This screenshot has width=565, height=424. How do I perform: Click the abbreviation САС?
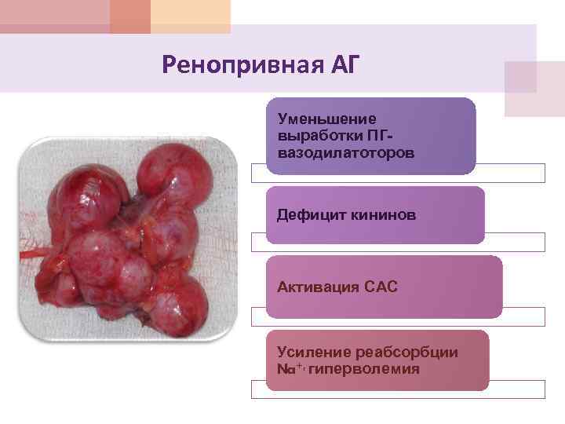tap(381, 287)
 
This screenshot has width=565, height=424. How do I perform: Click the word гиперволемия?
tap(364, 368)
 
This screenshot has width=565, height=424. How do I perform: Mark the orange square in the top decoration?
tap(129, 16)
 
